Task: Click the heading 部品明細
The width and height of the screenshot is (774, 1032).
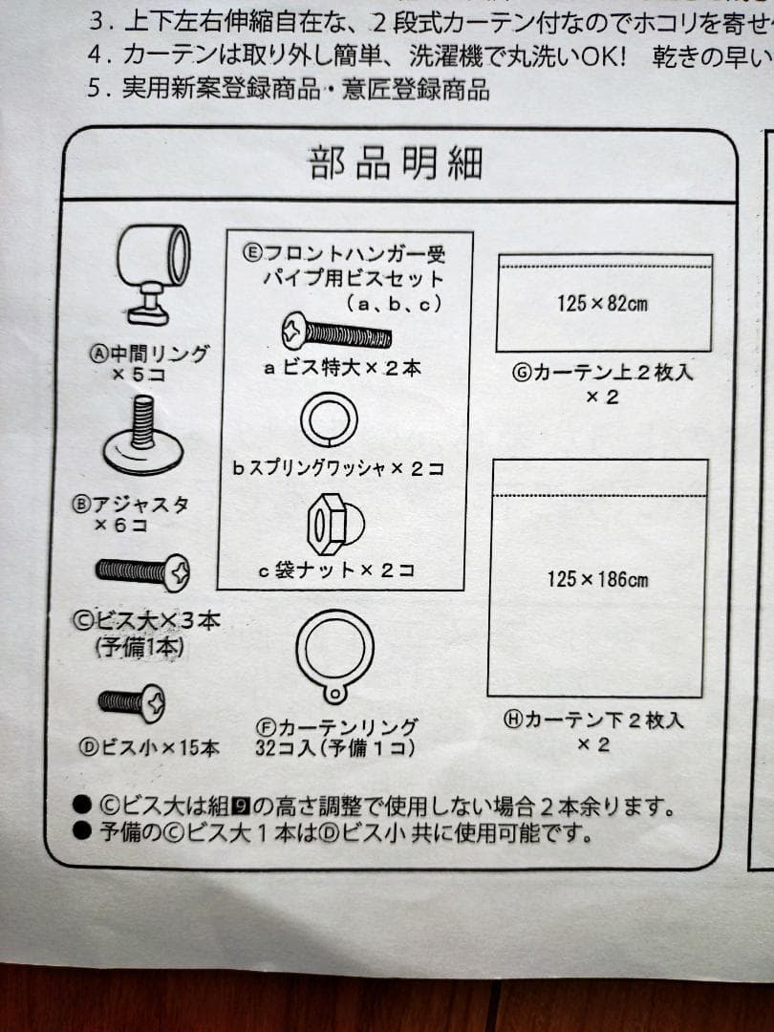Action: pyautogui.click(x=396, y=163)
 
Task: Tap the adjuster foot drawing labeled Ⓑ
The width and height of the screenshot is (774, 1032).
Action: pyautogui.click(x=143, y=435)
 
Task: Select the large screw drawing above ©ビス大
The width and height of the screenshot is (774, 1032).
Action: pyautogui.click(x=142, y=572)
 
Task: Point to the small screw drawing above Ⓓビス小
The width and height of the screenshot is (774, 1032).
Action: pyautogui.click(x=132, y=702)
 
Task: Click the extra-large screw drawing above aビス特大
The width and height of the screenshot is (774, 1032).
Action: pyautogui.click(x=336, y=332)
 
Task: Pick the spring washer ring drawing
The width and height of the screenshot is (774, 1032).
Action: pyautogui.click(x=329, y=419)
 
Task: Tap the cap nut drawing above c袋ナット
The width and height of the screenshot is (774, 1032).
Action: pyautogui.click(x=335, y=524)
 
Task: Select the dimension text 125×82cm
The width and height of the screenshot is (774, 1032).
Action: pyautogui.click(x=602, y=304)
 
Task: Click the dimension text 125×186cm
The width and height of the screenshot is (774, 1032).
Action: pyautogui.click(x=597, y=579)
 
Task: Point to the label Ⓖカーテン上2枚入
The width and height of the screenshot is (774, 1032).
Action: pyautogui.click(x=603, y=373)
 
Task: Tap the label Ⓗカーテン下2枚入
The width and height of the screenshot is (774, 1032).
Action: pyautogui.click(x=593, y=720)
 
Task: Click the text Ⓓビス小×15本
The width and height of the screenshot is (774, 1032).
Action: pyautogui.click(x=149, y=747)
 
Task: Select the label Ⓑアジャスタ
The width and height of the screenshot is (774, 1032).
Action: pyautogui.click(x=130, y=505)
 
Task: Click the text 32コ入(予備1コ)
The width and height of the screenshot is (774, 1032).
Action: pyautogui.click(x=335, y=748)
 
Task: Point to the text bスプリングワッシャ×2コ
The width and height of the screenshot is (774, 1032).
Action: pyautogui.click(x=338, y=468)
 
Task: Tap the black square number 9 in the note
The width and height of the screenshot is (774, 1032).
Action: pyautogui.click(x=241, y=806)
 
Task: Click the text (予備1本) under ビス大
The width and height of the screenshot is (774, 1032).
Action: pyautogui.click(x=140, y=648)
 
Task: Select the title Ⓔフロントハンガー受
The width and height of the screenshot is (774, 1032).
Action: pyautogui.click(x=344, y=253)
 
